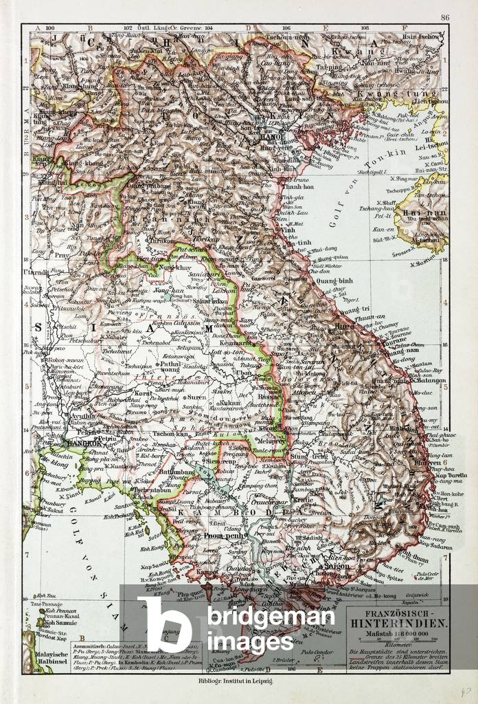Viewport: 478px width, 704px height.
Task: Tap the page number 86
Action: (444, 18)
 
